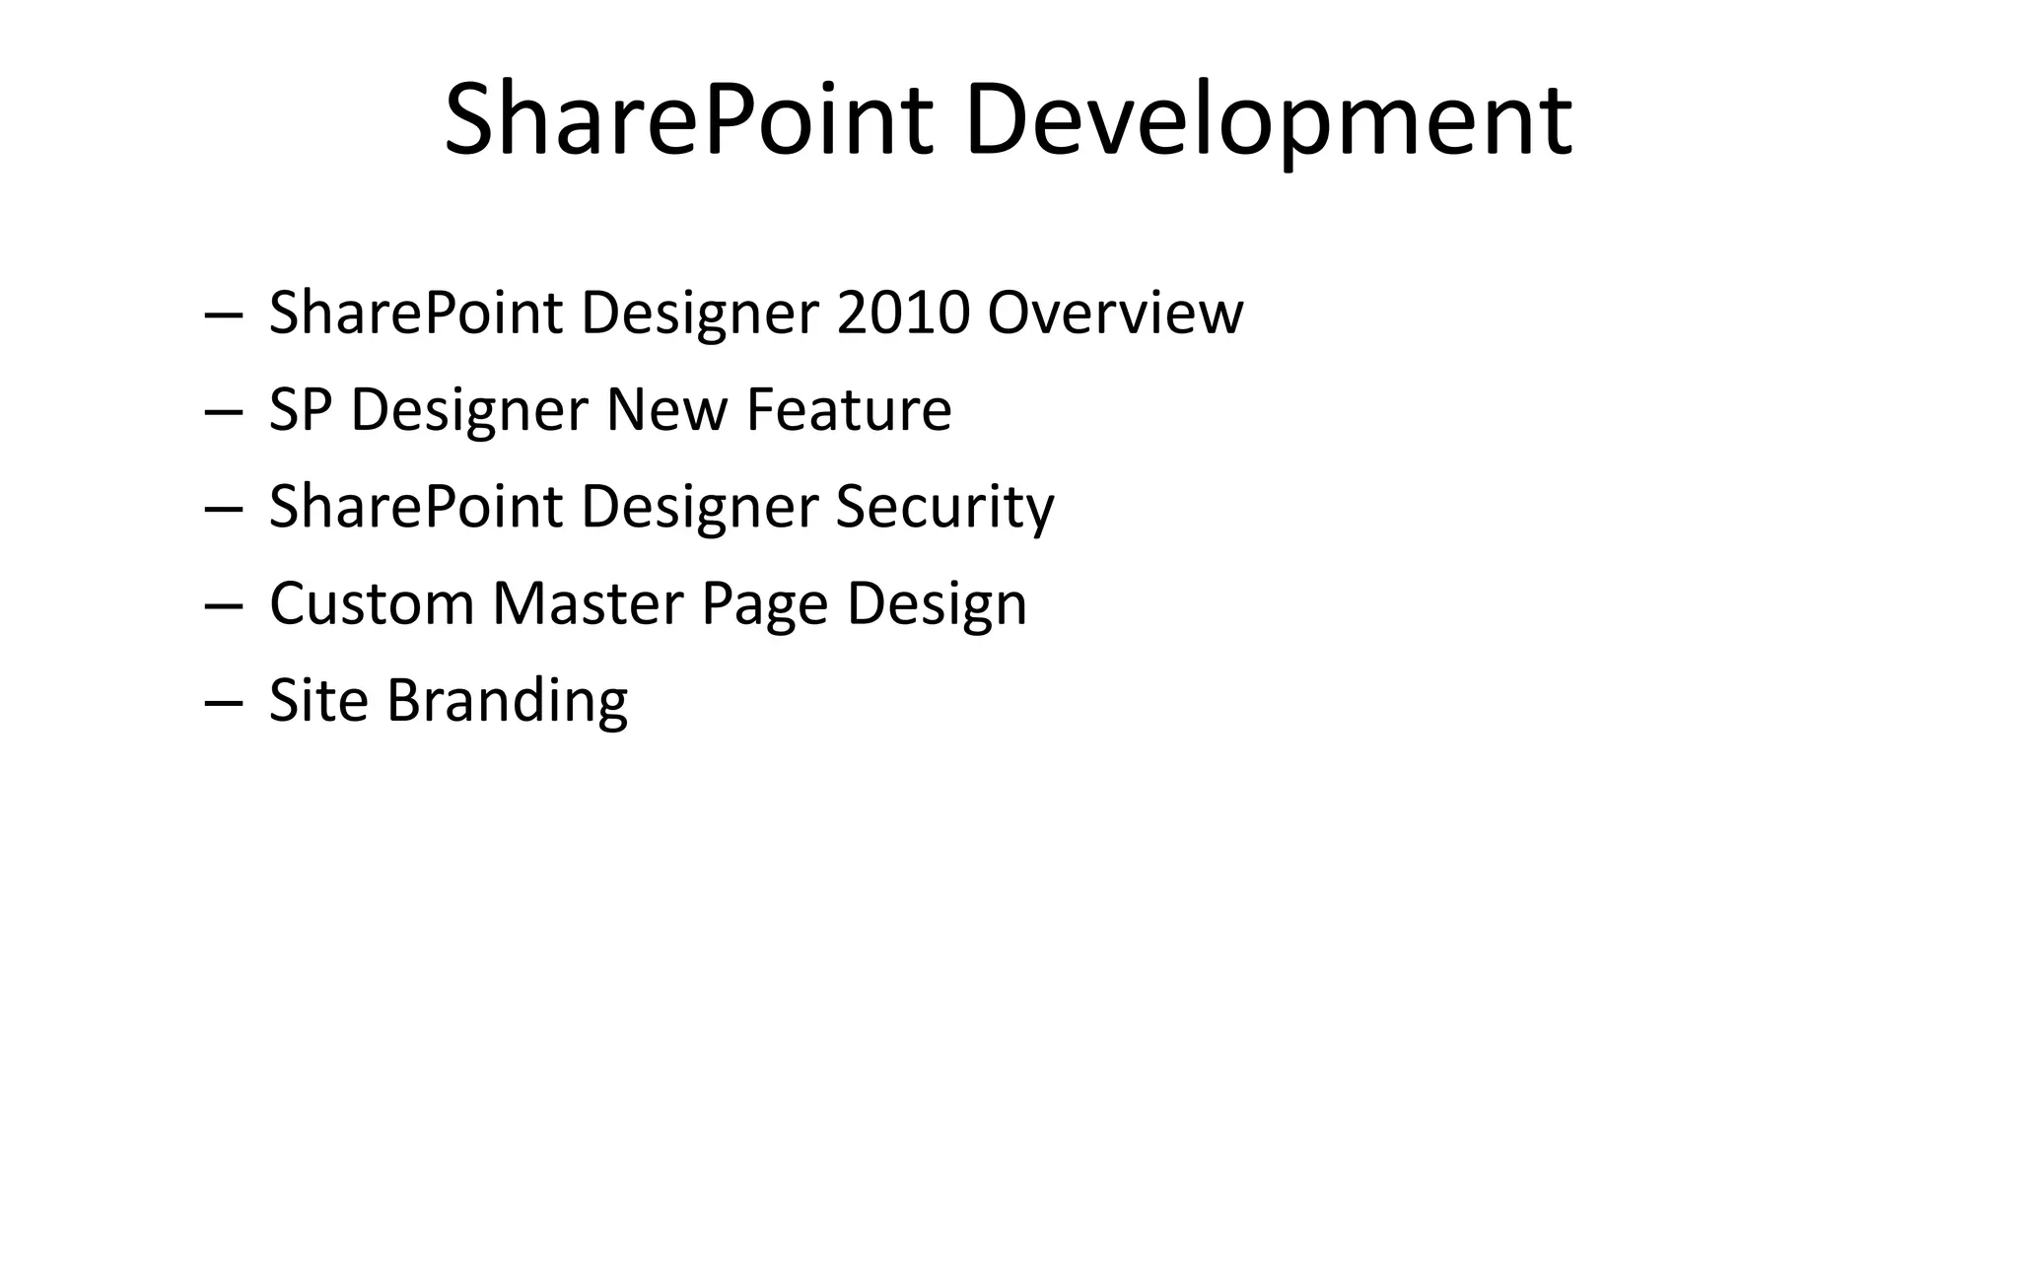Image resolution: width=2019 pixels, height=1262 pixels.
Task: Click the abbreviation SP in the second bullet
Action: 299,409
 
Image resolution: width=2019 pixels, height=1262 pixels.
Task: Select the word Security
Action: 944,507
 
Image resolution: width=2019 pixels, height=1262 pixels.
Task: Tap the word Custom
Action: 372,603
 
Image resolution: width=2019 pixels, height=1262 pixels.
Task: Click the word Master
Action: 588,603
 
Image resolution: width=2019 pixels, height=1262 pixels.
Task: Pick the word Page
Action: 764,605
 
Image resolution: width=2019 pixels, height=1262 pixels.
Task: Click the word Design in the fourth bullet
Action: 937,605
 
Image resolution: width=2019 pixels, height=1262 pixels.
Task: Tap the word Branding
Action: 507,701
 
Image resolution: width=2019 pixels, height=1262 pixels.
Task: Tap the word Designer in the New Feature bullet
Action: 469,411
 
